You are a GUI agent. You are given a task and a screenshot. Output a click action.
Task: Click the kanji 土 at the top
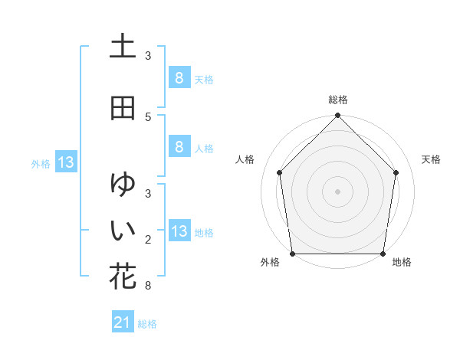pos(123,46)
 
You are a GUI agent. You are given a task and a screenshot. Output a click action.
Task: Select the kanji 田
pos(123,108)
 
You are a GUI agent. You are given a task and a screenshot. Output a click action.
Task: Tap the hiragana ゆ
pos(123,185)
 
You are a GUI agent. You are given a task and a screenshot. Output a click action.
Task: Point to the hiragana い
pos(123,231)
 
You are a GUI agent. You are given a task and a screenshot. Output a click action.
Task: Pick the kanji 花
pos(123,277)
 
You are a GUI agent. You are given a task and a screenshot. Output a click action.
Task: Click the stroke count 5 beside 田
pos(148,117)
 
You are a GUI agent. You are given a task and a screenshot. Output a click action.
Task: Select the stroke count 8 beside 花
pos(148,286)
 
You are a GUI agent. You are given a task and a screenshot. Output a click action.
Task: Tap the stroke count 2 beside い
pos(148,240)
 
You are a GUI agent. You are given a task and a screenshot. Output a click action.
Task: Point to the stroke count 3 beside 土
pos(148,56)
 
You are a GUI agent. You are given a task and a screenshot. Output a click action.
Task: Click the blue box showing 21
pos(122,323)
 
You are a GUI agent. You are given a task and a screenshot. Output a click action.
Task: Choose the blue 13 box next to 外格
pos(65,162)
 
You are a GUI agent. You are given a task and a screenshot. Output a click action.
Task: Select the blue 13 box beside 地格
pos(179,231)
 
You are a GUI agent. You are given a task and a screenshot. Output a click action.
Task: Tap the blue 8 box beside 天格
pos(179,78)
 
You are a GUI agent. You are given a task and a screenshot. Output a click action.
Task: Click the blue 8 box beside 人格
pos(179,147)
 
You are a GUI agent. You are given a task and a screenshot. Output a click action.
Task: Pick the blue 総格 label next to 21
pos(147,324)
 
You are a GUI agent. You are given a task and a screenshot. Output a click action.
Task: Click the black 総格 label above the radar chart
pos(337,100)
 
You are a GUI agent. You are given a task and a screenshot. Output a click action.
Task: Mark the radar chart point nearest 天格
pos(396,172)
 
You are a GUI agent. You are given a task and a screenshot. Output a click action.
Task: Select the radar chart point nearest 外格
pos(293,254)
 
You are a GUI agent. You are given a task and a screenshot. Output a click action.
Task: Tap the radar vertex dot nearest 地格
pos(383,254)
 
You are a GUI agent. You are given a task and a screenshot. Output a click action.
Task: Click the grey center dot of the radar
pos(337,191)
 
